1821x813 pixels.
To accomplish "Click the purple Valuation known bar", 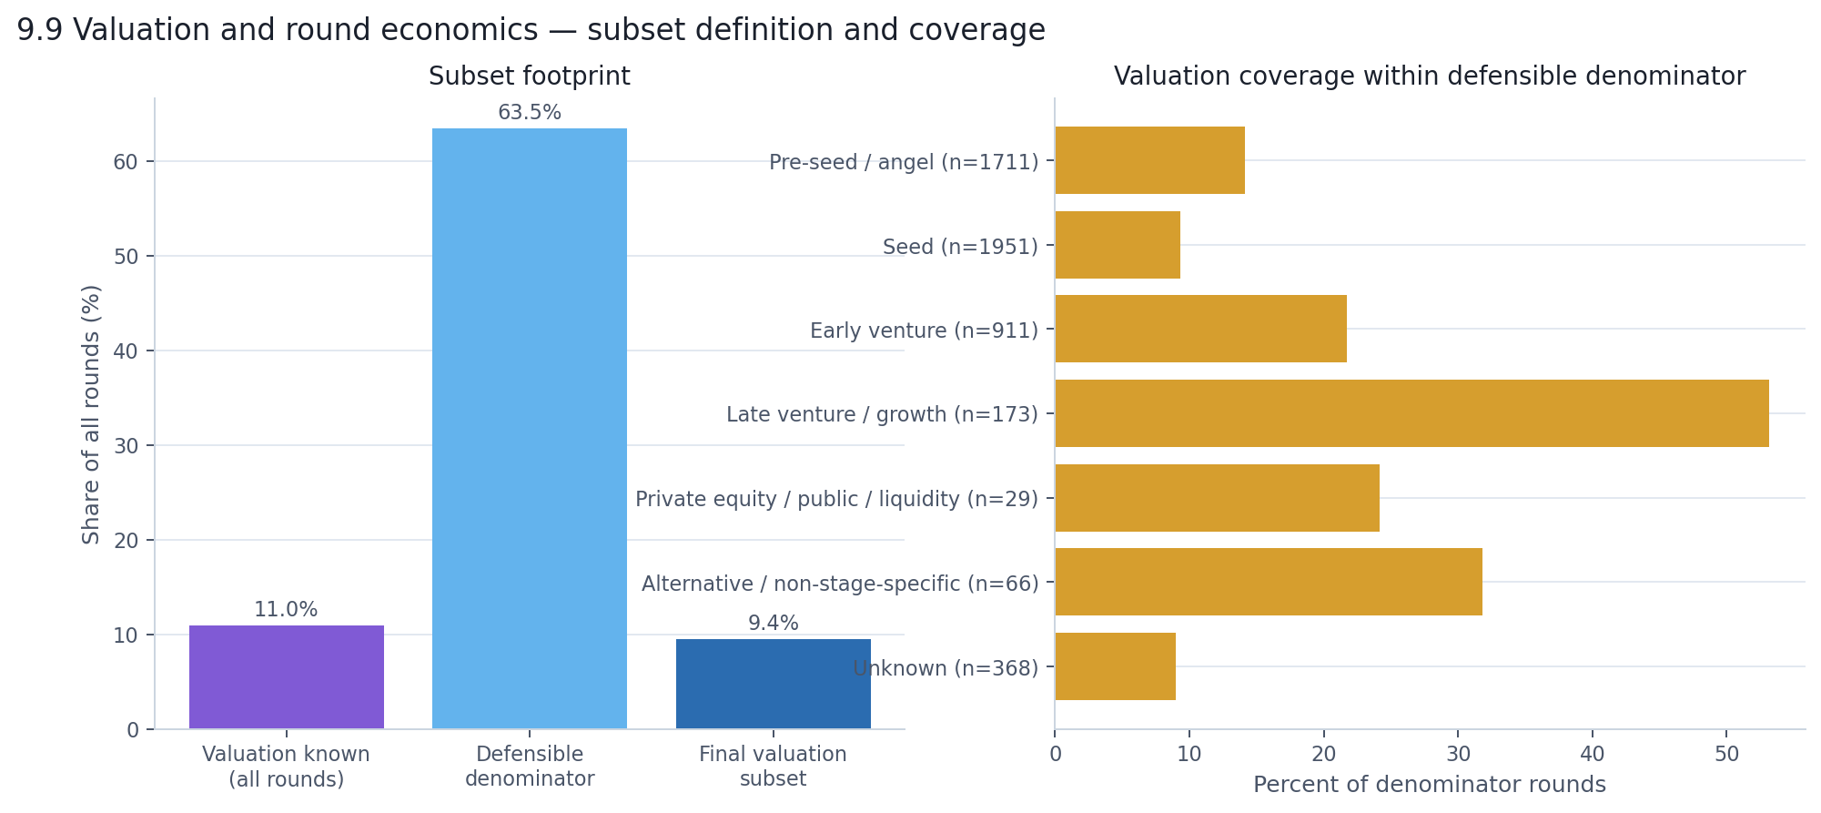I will point(286,676).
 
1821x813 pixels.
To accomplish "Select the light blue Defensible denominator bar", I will point(529,428).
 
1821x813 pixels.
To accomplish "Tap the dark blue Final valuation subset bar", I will point(773,683).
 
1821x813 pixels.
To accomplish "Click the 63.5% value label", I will point(529,113).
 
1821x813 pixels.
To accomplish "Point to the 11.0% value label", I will point(286,610).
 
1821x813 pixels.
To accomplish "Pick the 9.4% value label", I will point(773,624).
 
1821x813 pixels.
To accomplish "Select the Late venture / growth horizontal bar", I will point(1411,413).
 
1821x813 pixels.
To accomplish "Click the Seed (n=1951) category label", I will point(960,247).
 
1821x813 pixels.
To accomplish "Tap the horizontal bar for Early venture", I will point(1200,329).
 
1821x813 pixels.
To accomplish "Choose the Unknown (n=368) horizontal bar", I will point(1115,666).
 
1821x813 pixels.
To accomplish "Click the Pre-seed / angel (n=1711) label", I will point(903,162).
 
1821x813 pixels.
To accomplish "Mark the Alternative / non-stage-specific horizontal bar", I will point(1268,582).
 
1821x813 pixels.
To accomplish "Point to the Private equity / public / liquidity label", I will point(836,499).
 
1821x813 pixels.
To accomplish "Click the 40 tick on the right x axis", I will point(1592,755).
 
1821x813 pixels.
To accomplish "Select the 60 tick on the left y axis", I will point(126,162).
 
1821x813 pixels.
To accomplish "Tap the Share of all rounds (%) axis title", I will point(91,414).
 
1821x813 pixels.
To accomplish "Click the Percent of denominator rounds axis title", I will point(1429,785).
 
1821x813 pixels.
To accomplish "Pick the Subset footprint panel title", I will point(529,76).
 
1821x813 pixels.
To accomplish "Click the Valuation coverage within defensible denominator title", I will point(1429,76).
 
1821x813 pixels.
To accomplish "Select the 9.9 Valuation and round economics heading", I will point(531,30).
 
